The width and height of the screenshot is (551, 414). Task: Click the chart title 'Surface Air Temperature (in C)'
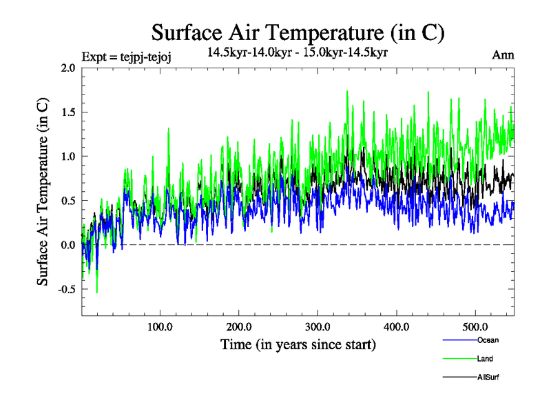(298, 32)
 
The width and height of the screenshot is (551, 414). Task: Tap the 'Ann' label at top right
(503, 55)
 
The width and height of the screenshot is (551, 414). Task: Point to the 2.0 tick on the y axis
(67, 68)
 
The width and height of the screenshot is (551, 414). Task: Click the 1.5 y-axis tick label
(67, 112)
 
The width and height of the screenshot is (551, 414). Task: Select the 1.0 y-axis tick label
(67, 157)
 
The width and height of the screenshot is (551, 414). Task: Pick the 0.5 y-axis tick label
(67, 201)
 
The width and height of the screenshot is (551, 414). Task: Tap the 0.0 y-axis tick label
(67, 245)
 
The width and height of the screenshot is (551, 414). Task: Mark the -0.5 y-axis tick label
(66, 289)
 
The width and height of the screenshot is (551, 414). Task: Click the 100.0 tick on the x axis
(160, 326)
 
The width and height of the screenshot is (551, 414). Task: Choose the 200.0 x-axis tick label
(239, 326)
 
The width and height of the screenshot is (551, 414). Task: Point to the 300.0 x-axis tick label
(318, 326)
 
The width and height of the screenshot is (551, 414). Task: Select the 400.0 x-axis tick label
(397, 326)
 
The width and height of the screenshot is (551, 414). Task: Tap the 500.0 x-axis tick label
(475, 326)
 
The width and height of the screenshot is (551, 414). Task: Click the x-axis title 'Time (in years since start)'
(298, 344)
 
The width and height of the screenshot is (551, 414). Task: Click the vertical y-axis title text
(43, 192)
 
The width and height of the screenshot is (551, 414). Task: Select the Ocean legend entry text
(487, 340)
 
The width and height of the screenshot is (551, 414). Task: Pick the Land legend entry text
(484, 359)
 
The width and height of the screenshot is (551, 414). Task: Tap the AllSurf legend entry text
(488, 377)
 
